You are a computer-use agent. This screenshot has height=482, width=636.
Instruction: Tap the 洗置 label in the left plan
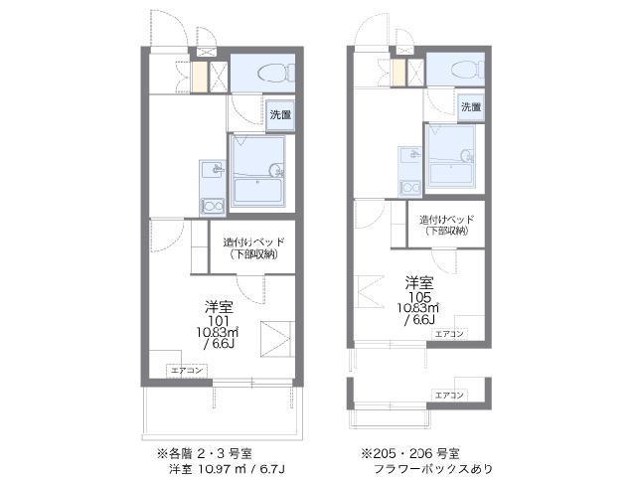click(x=281, y=115)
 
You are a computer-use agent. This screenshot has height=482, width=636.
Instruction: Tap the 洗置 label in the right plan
click(x=470, y=105)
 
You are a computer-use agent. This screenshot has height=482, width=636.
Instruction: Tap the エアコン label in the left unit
click(x=187, y=370)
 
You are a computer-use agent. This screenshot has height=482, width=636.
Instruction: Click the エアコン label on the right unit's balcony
click(x=449, y=395)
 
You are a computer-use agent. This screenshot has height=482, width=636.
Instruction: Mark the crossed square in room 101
click(x=274, y=339)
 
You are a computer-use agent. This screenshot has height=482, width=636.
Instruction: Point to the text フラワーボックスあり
click(x=431, y=467)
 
